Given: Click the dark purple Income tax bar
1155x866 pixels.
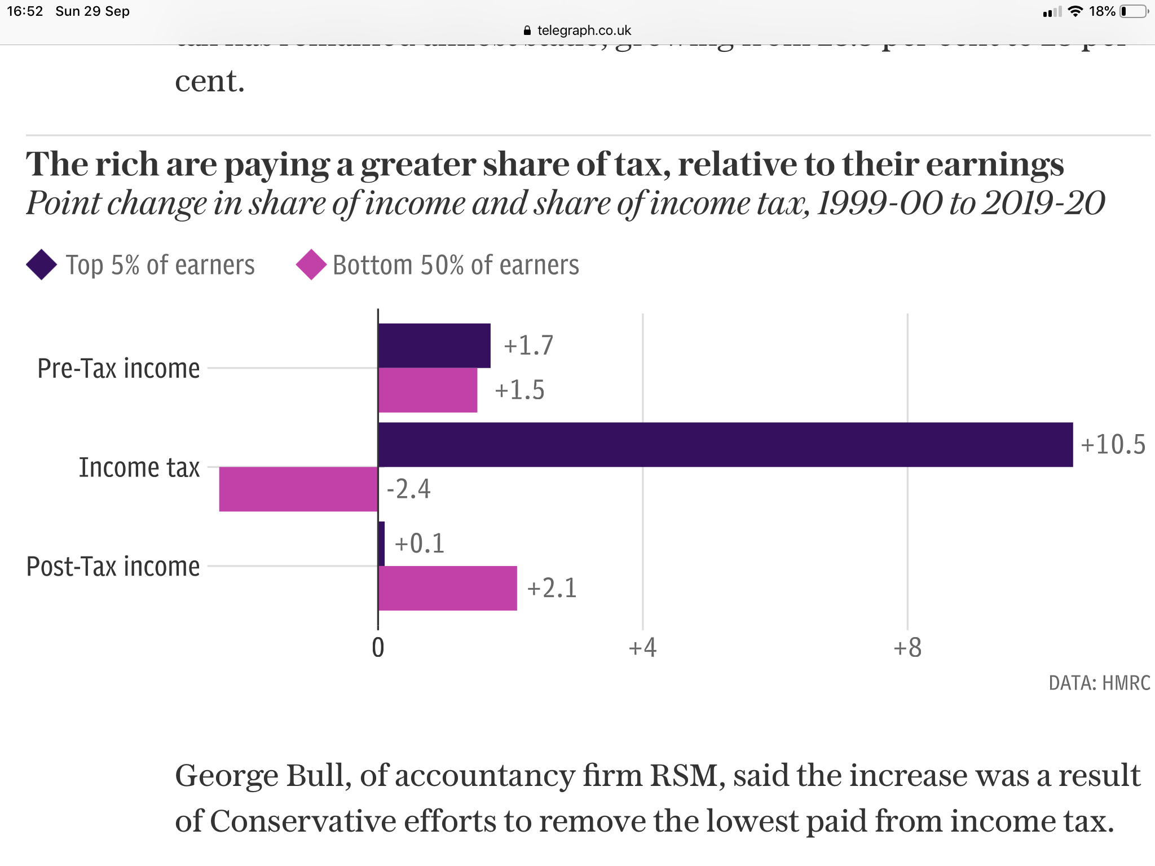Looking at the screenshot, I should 725,445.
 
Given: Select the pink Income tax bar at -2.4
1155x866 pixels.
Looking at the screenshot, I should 298,489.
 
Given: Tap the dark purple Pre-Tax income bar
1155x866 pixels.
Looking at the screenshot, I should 434,346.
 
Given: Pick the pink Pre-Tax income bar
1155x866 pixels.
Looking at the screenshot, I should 427,390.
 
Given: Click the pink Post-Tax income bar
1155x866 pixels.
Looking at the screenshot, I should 448,588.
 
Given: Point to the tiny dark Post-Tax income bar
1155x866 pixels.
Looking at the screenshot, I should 382,544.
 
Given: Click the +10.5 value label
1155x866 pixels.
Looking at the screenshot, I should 1113,445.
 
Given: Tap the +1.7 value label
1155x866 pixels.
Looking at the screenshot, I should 528,346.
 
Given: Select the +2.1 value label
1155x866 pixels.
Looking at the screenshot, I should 552,588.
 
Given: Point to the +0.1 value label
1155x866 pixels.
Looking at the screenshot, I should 420,544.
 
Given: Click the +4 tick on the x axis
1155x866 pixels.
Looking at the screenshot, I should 642,648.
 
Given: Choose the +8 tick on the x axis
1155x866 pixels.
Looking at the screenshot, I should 907,648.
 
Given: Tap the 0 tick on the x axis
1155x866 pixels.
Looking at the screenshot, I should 378,648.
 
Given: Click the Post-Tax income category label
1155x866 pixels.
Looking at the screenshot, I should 113,567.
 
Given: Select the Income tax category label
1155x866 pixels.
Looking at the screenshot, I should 139,468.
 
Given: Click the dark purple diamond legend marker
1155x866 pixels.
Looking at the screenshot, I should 42,264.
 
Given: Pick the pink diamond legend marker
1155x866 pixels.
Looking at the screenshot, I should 311,264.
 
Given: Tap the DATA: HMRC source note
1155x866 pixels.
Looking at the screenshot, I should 1099,683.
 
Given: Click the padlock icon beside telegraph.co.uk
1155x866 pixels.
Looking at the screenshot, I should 527,30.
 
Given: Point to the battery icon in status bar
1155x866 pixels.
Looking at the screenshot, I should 1134,11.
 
